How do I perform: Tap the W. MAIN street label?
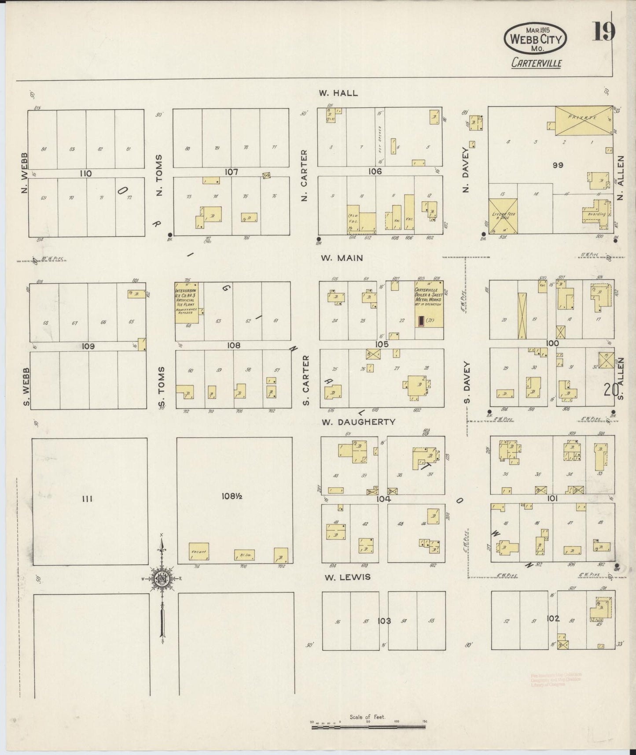pyautogui.click(x=342, y=258)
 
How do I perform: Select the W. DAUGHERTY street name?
pyautogui.click(x=358, y=422)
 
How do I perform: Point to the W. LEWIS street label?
pyautogui.click(x=346, y=577)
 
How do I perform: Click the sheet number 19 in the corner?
pyautogui.click(x=603, y=31)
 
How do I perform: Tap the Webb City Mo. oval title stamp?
pyautogui.click(x=535, y=39)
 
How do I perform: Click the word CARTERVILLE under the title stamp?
pyautogui.click(x=536, y=63)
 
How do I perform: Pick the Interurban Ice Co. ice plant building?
pyautogui.click(x=186, y=303)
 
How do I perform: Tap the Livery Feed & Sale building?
pyautogui.click(x=503, y=216)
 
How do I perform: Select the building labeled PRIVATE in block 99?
pyautogui.click(x=584, y=120)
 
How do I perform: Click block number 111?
pyautogui.click(x=87, y=499)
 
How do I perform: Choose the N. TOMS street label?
pyautogui.click(x=159, y=175)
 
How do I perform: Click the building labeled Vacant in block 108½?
pyautogui.click(x=199, y=551)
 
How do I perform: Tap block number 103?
pyautogui.click(x=384, y=621)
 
